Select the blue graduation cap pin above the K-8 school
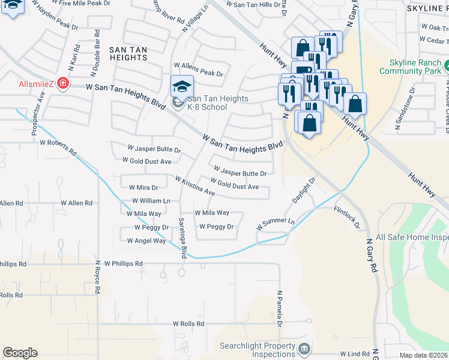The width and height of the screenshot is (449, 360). click(x=182, y=88)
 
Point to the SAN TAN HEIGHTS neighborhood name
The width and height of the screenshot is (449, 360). click(x=128, y=52)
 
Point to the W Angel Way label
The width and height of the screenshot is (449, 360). click(x=146, y=241)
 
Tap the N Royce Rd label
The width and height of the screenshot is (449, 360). click(x=96, y=278)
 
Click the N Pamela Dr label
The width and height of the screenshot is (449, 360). click(x=280, y=309)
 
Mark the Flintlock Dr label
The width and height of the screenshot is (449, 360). click(x=346, y=218)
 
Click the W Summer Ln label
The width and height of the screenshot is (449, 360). click(x=276, y=224)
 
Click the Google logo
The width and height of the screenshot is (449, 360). click(x=20, y=353)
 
